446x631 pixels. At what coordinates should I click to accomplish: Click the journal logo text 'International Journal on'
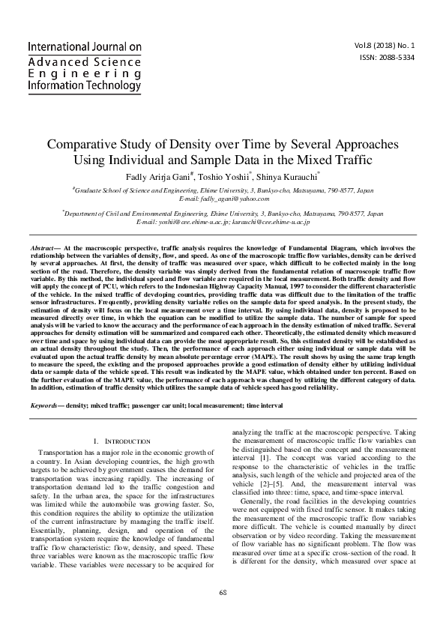pyautogui.click(x=84, y=47)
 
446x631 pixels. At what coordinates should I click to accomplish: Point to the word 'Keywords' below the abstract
pyautogui.click(x=47, y=405)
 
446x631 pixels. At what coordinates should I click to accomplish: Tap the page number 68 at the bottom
pyautogui.click(x=223, y=614)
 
